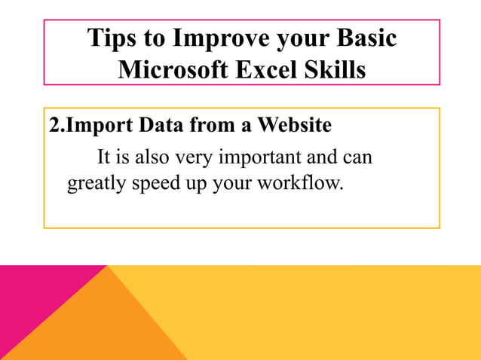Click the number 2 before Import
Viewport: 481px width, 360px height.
click(x=54, y=125)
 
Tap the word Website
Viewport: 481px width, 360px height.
click(x=294, y=125)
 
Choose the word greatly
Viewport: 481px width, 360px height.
click(x=94, y=184)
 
